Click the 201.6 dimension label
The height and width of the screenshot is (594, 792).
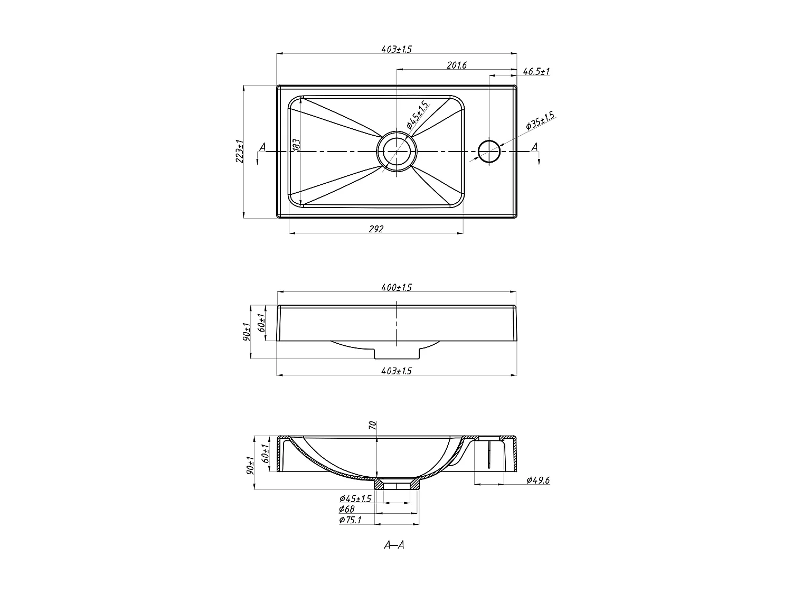[x=457, y=65]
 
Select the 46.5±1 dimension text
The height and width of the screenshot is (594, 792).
[x=536, y=71]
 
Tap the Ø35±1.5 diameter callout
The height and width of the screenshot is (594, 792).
[x=540, y=122]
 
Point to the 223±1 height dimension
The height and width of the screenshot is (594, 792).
[x=239, y=152]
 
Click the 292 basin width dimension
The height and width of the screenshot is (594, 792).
[x=375, y=229]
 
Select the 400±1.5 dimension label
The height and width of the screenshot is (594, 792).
[x=396, y=288]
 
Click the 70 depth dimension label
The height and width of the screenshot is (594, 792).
[x=372, y=426]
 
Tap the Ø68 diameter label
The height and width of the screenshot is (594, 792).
[x=347, y=509]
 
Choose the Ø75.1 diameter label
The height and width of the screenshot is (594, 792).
[x=350, y=520]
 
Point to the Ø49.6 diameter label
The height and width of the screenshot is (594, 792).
[x=538, y=480]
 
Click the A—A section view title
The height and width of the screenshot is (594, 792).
[x=394, y=545]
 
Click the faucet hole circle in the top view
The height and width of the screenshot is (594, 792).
[x=489, y=152]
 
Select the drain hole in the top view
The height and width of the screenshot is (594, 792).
[x=397, y=152]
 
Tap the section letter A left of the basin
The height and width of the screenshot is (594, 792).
[x=262, y=147]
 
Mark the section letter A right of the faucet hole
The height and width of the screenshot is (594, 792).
[x=534, y=147]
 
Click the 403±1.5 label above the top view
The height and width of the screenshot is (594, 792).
[x=396, y=49]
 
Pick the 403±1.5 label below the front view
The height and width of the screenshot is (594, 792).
[x=396, y=371]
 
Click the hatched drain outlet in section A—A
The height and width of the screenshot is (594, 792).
[x=397, y=484]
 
